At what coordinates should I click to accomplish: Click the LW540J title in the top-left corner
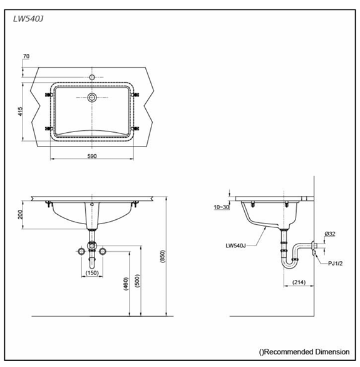pos(28,18)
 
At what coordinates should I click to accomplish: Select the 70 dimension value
pos(26,57)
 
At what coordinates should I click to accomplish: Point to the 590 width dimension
pos(92,155)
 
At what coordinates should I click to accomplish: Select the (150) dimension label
pos(92,273)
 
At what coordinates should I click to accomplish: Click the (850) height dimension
pos(163,256)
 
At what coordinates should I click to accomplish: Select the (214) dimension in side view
pos(298,283)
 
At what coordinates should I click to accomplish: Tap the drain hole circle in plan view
pos(92,98)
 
